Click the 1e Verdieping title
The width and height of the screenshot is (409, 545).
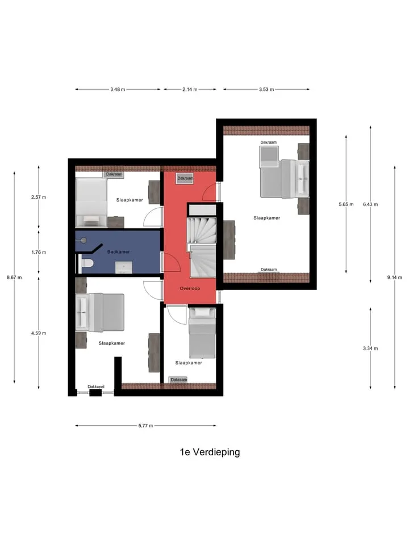tap(210, 452)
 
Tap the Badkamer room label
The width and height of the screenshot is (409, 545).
tap(119, 251)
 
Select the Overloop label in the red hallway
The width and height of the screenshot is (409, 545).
tap(190, 288)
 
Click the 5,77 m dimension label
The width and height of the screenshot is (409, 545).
tap(146, 425)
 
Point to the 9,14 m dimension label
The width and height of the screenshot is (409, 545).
tap(395, 278)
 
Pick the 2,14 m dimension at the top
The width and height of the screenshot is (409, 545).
tap(190, 89)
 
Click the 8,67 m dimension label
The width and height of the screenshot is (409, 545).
tap(14, 278)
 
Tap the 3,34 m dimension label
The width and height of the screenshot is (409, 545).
tap(370, 348)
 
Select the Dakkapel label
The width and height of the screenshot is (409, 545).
tap(96, 387)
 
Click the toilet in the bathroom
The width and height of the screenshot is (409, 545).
tap(86, 263)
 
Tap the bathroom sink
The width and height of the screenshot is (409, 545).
tap(124, 267)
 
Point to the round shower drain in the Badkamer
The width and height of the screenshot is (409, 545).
tap(84, 240)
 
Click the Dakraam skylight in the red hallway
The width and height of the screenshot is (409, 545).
tap(185, 178)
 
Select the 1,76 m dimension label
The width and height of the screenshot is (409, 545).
tap(39, 252)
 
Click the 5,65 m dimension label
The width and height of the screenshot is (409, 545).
tap(346, 204)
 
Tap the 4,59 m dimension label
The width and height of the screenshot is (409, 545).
tap(39, 333)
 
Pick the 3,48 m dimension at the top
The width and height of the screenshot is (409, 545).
tap(118, 89)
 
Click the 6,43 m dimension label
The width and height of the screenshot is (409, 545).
tap(370, 204)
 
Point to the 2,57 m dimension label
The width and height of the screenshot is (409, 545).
tap(39, 197)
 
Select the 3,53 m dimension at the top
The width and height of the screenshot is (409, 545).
tap(266, 89)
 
